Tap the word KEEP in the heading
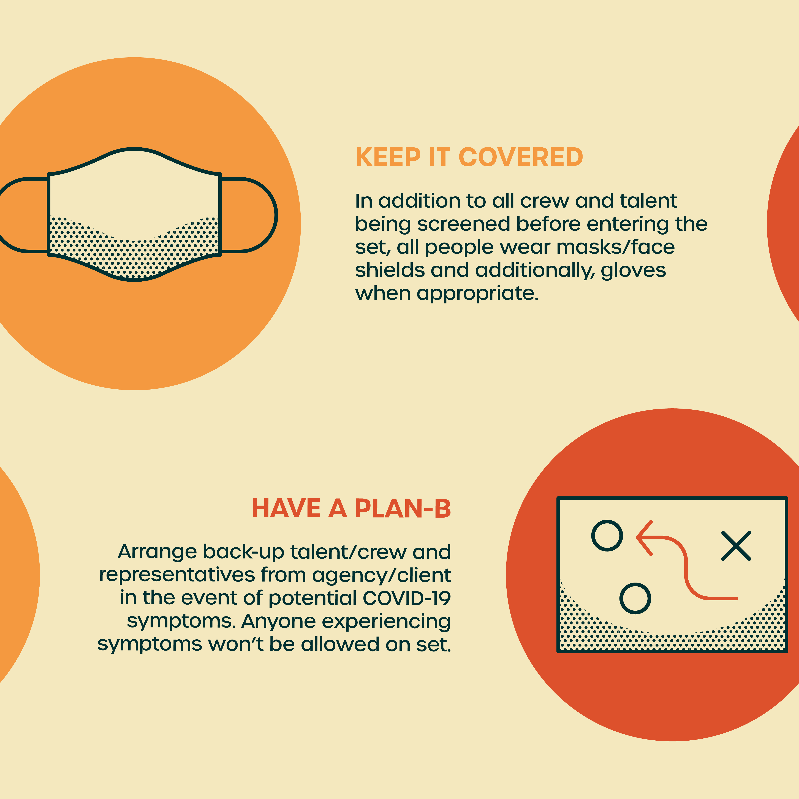388,157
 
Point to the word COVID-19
407,598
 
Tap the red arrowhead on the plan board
644,538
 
